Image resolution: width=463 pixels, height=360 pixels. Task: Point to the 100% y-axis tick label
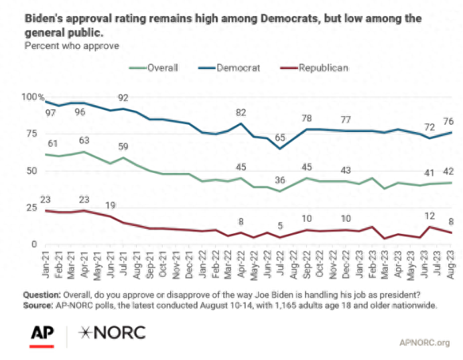click(x=31, y=97)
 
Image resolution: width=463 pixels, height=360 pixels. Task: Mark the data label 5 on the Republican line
click(x=279, y=225)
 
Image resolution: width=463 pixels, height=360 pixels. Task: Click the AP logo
click(x=42, y=333)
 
